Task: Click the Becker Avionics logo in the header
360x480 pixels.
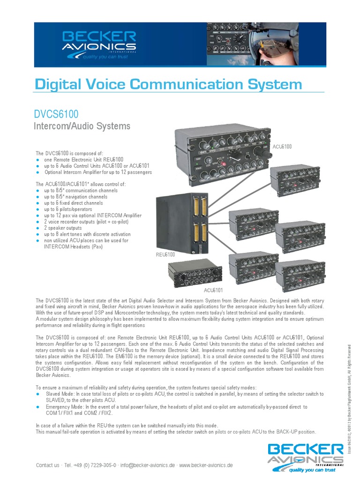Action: [x=99, y=45]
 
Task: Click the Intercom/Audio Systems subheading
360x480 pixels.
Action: [x=82, y=126]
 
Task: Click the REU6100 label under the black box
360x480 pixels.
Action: [x=165, y=255]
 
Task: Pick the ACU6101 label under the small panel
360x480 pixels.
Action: [x=213, y=291]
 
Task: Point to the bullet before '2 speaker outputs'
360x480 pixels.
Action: [x=37, y=228]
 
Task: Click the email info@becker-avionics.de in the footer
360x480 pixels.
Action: [x=148, y=465]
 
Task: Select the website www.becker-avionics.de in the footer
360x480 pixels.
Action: [x=206, y=465]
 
